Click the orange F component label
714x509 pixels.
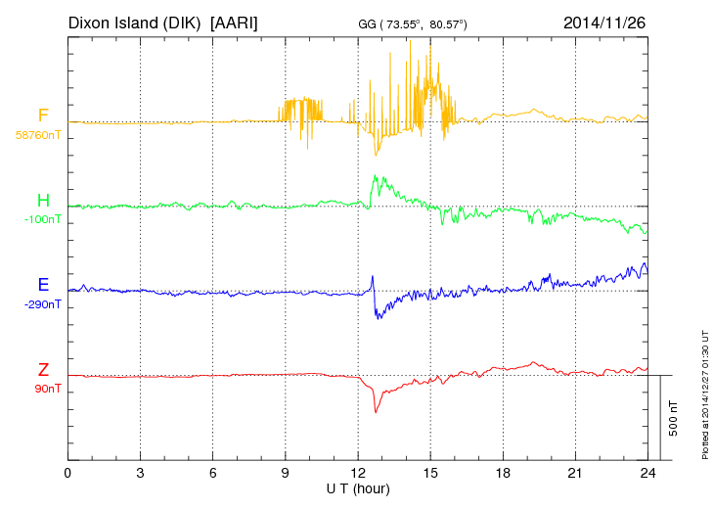[x=43, y=116]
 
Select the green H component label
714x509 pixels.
[x=43, y=201]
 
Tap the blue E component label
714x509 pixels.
[x=43, y=285]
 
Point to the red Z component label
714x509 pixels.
[x=43, y=370]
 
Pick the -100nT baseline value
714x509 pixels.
[x=43, y=220]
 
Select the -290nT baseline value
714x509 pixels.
[x=43, y=304]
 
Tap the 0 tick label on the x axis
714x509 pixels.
[x=67, y=473]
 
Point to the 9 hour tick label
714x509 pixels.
[x=286, y=473]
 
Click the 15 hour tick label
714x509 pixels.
[x=430, y=473]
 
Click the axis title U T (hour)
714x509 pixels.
[x=357, y=486]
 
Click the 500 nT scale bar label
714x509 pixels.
[x=674, y=417]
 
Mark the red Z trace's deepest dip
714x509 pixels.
[x=376, y=412]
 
